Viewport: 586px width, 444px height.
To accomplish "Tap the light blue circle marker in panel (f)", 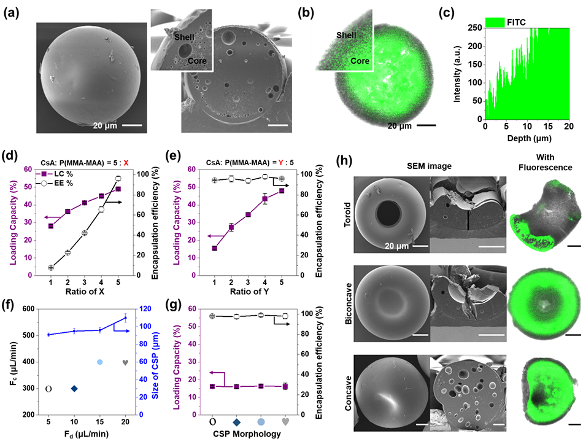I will [99, 362].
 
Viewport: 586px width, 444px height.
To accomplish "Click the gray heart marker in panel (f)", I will [126, 362].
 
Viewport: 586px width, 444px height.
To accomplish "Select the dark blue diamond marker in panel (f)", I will [74, 389].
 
